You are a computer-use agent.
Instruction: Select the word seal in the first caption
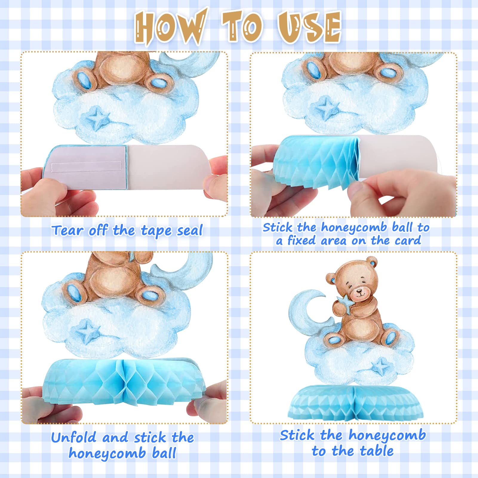point(190,230)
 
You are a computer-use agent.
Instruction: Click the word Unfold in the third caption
point(74,438)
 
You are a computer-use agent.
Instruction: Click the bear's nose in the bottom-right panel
point(360,290)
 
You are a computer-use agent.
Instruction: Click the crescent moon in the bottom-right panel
point(302,313)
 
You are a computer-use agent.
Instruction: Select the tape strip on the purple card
point(86,166)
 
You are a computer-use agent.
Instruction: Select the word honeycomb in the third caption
point(107,453)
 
